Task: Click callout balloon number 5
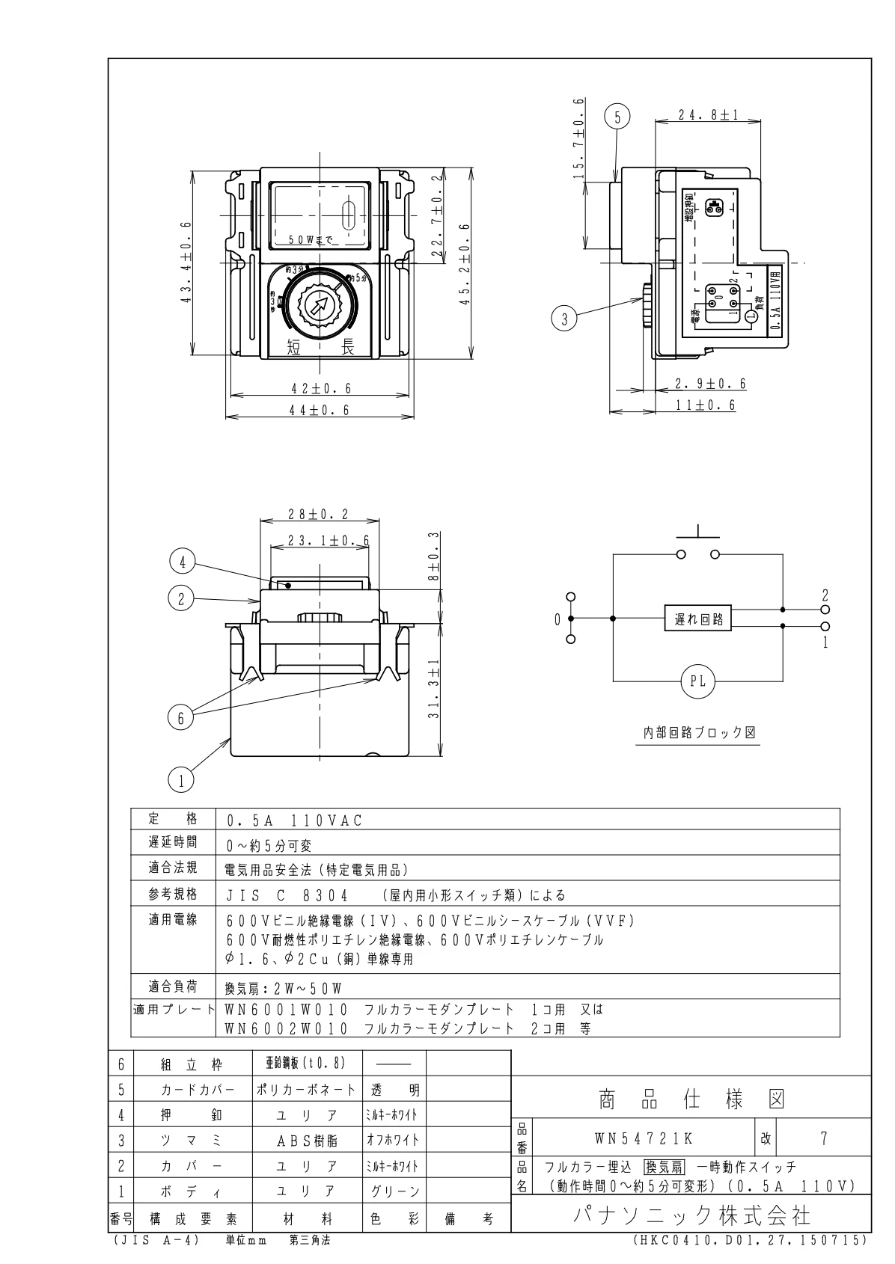[x=617, y=117]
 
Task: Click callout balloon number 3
[x=564, y=319]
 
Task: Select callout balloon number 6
[x=180, y=717]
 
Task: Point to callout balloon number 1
[x=180, y=780]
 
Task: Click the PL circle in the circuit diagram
[x=697, y=681]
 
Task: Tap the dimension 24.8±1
[x=707, y=115]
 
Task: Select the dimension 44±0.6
[x=320, y=409]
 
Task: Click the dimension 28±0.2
[x=319, y=515]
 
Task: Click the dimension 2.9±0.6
[x=710, y=384]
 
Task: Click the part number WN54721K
[x=644, y=1139]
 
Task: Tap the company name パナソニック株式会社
[x=691, y=1215]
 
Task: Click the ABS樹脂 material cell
[x=307, y=1141]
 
